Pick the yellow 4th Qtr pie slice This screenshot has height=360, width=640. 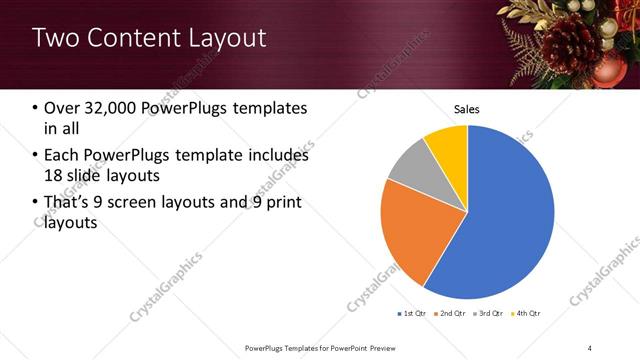click(x=447, y=146)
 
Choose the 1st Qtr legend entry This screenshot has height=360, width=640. click(x=412, y=314)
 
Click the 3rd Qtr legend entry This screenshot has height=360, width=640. click(x=490, y=314)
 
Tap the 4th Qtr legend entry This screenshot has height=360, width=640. click(x=527, y=314)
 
